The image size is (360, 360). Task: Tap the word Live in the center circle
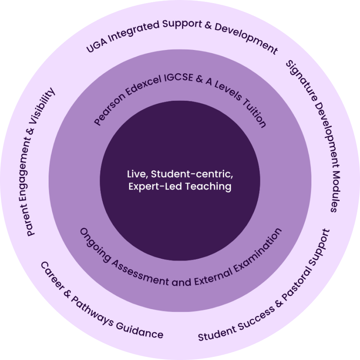click(x=134, y=174)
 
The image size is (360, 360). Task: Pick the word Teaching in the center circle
click(x=211, y=186)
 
